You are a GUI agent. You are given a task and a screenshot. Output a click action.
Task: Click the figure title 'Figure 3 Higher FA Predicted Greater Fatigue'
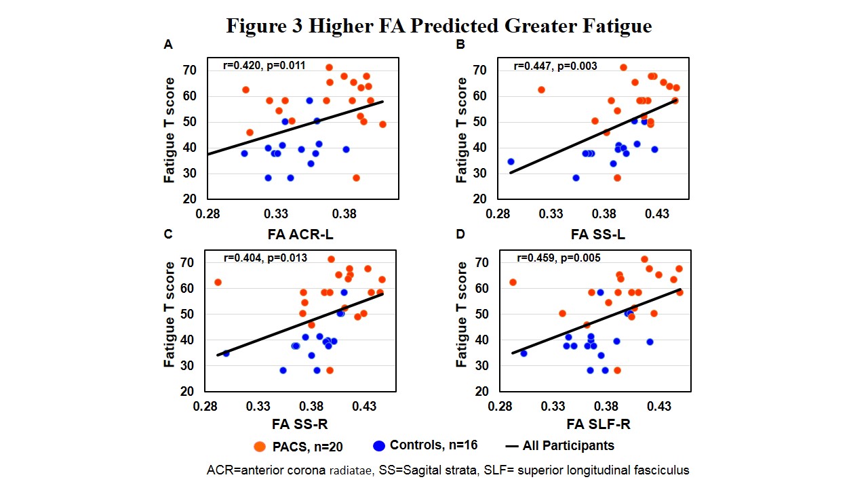(x=439, y=26)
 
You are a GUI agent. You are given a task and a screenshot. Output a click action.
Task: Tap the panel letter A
(x=167, y=45)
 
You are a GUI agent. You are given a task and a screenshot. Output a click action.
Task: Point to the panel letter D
(x=460, y=235)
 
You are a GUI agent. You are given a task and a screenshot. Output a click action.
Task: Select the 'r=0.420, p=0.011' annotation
(x=264, y=66)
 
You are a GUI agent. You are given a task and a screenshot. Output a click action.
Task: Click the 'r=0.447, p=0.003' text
(x=556, y=66)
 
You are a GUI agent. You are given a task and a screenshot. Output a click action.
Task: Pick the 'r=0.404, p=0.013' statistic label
(x=265, y=258)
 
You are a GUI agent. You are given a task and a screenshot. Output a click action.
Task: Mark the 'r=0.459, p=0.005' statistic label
(x=558, y=258)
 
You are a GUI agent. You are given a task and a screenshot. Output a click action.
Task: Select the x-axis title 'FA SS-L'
(x=597, y=235)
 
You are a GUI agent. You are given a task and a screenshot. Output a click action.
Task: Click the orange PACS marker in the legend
(x=259, y=446)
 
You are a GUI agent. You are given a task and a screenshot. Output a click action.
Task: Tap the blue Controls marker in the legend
(x=379, y=446)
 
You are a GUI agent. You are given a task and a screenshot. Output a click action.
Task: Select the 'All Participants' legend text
(x=568, y=445)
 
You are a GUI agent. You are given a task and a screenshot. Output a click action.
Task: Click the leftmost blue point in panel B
(x=511, y=162)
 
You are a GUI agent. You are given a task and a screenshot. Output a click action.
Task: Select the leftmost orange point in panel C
(x=218, y=282)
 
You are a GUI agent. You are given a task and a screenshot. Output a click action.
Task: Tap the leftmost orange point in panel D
(x=513, y=282)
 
